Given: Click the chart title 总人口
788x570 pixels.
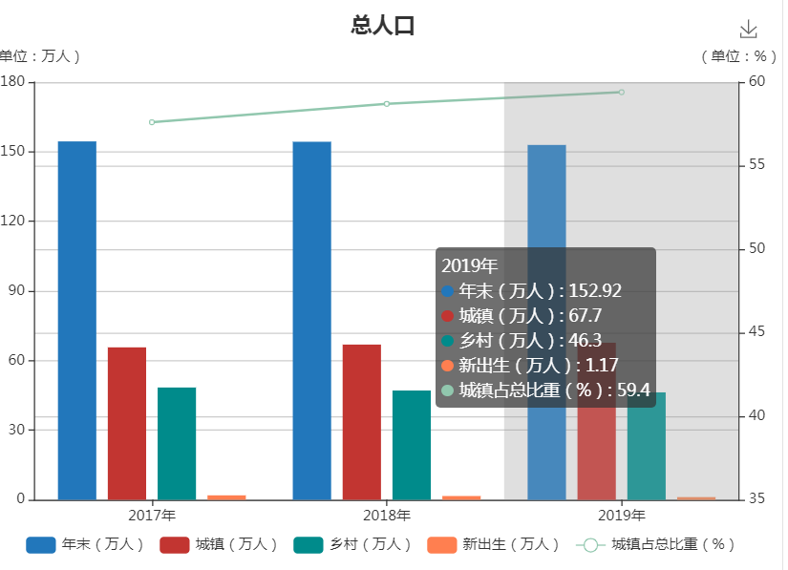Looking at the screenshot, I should coord(383,26).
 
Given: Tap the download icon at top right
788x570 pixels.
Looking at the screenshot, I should coord(748,30).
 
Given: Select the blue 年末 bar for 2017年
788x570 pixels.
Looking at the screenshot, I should coord(77,320).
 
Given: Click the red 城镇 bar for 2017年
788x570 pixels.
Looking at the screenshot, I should coord(127,423).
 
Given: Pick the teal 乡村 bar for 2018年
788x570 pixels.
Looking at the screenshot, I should coord(412,444).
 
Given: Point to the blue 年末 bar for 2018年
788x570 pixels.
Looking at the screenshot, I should coord(312,320).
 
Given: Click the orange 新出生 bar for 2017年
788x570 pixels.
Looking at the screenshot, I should coord(226,497).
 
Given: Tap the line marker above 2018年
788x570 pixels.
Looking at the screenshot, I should coord(387,103).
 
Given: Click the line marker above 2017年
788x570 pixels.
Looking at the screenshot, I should coord(152,122).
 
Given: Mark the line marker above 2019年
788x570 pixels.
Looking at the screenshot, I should coord(621,92).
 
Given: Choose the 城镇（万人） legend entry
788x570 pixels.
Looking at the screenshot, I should coord(219,545).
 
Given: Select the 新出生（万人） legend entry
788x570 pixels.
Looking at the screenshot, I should coord(494,545).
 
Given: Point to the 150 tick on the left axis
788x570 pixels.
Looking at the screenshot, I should coord(15,152).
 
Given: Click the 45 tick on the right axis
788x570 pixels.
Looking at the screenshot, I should coord(756,332).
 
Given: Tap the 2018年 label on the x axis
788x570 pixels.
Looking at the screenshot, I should coord(387,516).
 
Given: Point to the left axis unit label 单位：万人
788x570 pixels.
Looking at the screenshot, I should coord(39,56).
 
